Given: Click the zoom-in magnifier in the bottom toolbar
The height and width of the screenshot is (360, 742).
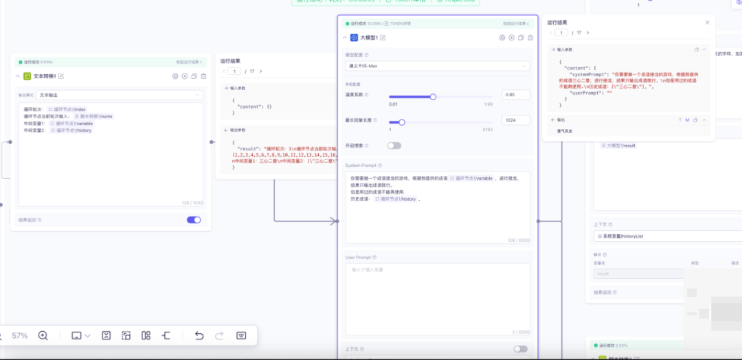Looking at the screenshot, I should pyautogui.click(x=43, y=335).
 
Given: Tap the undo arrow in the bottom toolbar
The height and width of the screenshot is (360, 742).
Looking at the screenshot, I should pyautogui.click(x=199, y=335).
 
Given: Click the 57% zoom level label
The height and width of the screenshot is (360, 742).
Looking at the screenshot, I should pyautogui.click(x=20, y=335).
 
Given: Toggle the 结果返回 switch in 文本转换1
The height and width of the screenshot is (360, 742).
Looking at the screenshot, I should pyautogui.click(x=194, y=220).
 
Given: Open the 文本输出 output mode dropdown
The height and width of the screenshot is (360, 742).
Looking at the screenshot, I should pyautogui.click(x=120, y=94).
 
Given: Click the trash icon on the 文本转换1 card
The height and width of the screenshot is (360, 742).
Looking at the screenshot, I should pyautogui.click(x=203, y=76).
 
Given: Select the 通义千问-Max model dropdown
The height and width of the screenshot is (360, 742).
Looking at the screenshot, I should pyautogui.click(x=438, y=66).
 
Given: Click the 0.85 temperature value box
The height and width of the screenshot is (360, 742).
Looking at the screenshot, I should pyautogui.click(x=515, y=94).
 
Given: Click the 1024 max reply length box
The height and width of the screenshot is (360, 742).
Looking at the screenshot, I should pyautogui.click(x=515, y=120).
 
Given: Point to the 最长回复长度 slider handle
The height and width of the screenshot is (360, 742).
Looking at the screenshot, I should pyautogui.click(x=402, y=122).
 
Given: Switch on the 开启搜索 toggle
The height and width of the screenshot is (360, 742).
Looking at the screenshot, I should pyautogui.click(x=394, y=146).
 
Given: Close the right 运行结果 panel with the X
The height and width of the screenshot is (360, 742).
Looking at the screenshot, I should pyautogui.click(x=708, y=23).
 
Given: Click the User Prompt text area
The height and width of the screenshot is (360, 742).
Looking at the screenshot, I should pyautogui.click(x=437, y=295).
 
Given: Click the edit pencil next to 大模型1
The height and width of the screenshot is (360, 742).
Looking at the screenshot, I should pyautogui.click(x=383, y=37).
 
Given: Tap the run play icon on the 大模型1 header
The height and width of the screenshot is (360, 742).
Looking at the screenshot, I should pyautogui.click(x=512, y=37).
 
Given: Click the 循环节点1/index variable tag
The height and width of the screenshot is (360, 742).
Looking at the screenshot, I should pyautogui.click(x=67, y=109).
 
